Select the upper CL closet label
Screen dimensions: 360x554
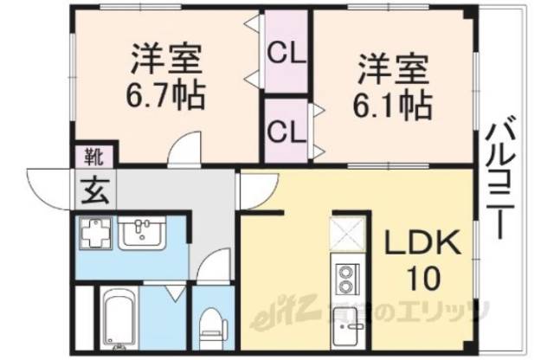[x=286, y=53]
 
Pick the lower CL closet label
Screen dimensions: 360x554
[x=286, y=132]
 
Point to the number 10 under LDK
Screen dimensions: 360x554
[x=423, y=279]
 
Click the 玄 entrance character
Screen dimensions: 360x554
[x=91, y=189]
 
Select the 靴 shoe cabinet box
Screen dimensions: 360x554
[x=92, y=157]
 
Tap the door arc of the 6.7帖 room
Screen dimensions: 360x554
[x=184, y=151]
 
